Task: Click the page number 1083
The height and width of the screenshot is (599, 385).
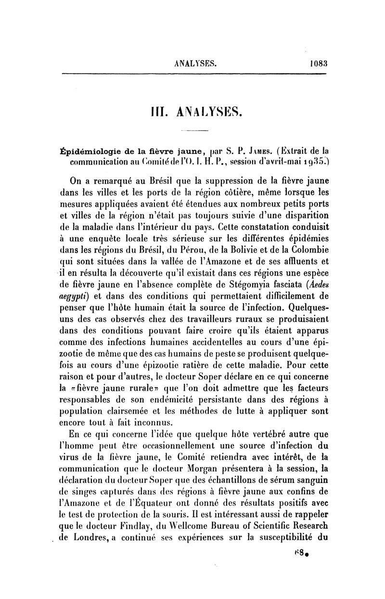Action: [317, 62]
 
